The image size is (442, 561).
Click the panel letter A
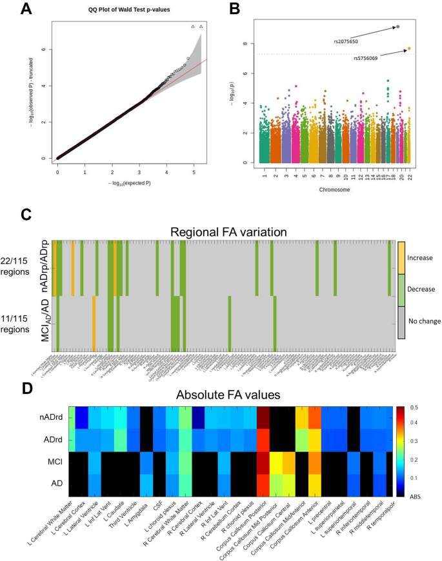point(26,8)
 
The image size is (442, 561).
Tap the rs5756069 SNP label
point(366,57)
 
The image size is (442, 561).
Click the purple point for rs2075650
point(398,27)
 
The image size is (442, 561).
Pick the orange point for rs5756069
point(409,48)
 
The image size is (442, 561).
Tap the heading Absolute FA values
point(221,393)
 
